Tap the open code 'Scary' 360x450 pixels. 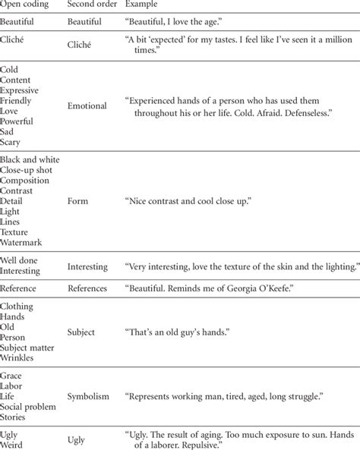(12, 143)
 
